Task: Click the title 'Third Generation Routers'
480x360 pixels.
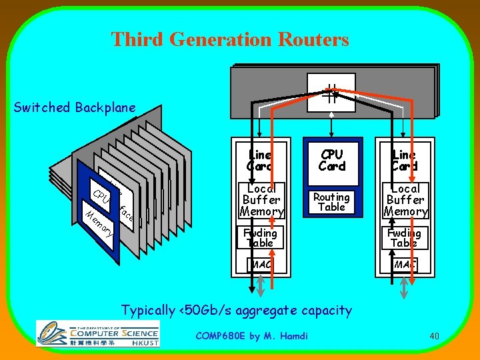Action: [230, 39]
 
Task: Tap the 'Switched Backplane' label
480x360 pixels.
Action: [75, 107]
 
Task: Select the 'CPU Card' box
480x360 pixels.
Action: [331, 161]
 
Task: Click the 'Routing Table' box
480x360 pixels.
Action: [331, 201]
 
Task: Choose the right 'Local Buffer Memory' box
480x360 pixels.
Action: [405, 199]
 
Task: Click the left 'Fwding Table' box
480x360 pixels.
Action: [260, 237]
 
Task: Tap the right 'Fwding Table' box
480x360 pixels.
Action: [405, 237]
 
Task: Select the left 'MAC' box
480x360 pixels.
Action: [260, 265]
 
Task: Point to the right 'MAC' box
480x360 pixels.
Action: [405, 265]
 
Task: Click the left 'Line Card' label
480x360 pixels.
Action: [260, 160]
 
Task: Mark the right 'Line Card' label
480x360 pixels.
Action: [405, 160]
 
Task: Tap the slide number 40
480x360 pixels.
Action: [434, 336]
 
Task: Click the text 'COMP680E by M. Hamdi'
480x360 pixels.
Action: [251, 336]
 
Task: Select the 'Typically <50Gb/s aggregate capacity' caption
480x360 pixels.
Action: [236, 310]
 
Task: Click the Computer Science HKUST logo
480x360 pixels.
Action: [97, 333]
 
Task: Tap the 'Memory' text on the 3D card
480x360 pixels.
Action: [99, 223]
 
